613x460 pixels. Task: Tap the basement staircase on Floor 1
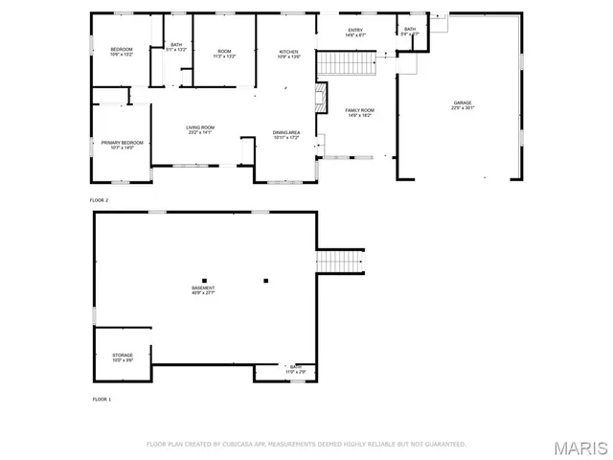pos(340,261)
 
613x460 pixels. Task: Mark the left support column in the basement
pos(203,280)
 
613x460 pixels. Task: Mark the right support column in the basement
pos(266,280)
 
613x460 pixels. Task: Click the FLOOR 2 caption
pos(100,200)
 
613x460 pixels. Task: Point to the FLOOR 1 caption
pos(102,398)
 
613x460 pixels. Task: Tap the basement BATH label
pos(296,368)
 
